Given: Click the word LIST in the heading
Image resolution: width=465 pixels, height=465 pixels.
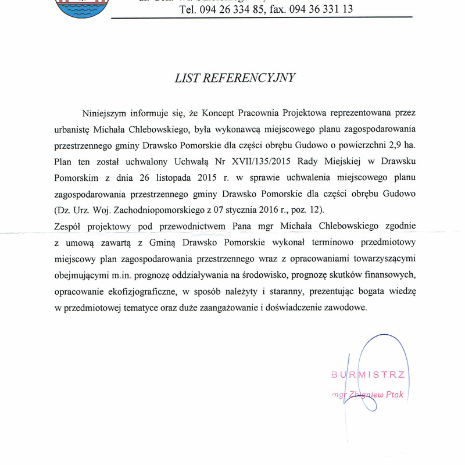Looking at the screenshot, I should click(187, 77).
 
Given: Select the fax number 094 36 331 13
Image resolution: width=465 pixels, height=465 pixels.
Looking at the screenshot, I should click(323, 9).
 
